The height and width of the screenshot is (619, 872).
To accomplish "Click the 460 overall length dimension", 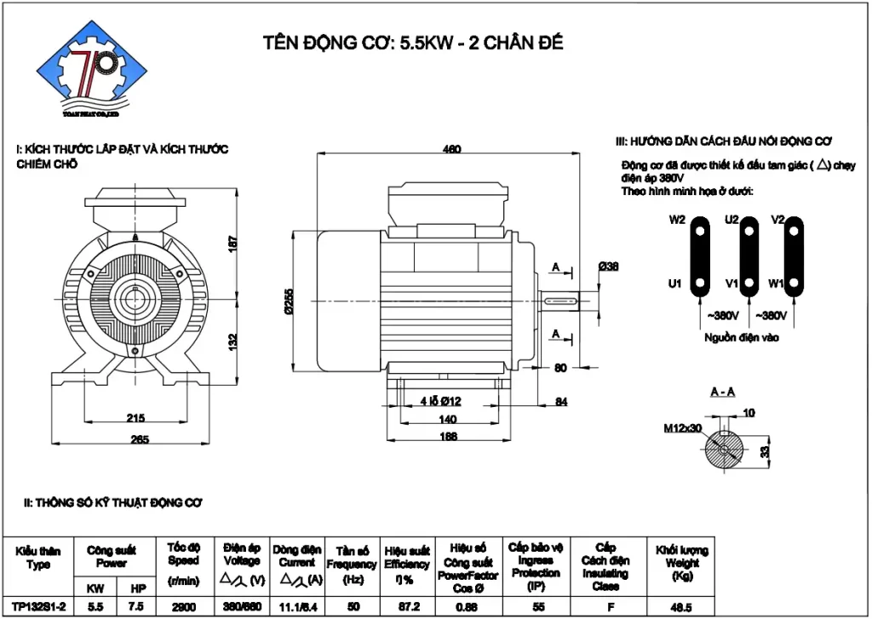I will (451, 149).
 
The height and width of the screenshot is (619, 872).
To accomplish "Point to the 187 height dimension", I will (232, 244).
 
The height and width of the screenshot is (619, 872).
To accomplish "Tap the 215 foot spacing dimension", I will (135, 417).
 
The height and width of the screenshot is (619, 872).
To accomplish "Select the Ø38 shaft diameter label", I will (608, 267).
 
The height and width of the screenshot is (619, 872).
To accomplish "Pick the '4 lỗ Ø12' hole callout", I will (440, 401).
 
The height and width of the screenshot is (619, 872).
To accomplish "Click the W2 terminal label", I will (677, 220).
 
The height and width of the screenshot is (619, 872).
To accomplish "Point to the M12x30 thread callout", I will (683, 428).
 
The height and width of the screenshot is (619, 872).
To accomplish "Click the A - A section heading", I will (724, 392).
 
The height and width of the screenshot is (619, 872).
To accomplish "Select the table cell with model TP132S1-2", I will (38, 605).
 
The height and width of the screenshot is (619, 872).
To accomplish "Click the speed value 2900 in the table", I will (183, 605).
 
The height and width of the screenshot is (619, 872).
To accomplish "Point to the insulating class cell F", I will (605, 605).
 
